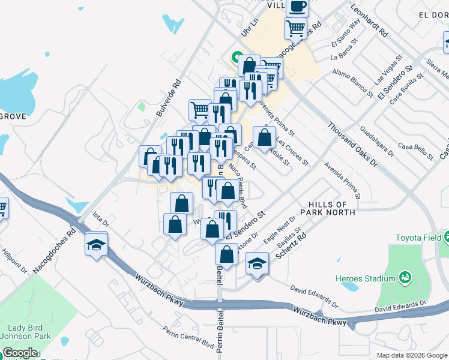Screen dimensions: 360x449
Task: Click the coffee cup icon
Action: point(297,7)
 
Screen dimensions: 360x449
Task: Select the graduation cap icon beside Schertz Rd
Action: point(257,263)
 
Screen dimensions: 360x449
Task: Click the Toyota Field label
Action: point(417,237)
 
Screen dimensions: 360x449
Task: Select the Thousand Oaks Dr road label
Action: point(352,145)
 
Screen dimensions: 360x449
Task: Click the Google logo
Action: point(20,353)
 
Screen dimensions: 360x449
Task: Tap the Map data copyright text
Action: point(412,355)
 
